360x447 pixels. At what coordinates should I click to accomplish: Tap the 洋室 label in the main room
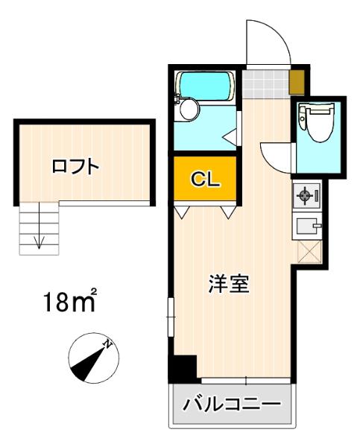228,285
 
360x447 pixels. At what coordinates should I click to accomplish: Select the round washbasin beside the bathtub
189,110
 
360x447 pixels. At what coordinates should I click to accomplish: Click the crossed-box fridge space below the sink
308,251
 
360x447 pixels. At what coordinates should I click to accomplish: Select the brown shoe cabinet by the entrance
297,78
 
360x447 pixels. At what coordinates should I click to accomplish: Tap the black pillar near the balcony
183,368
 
